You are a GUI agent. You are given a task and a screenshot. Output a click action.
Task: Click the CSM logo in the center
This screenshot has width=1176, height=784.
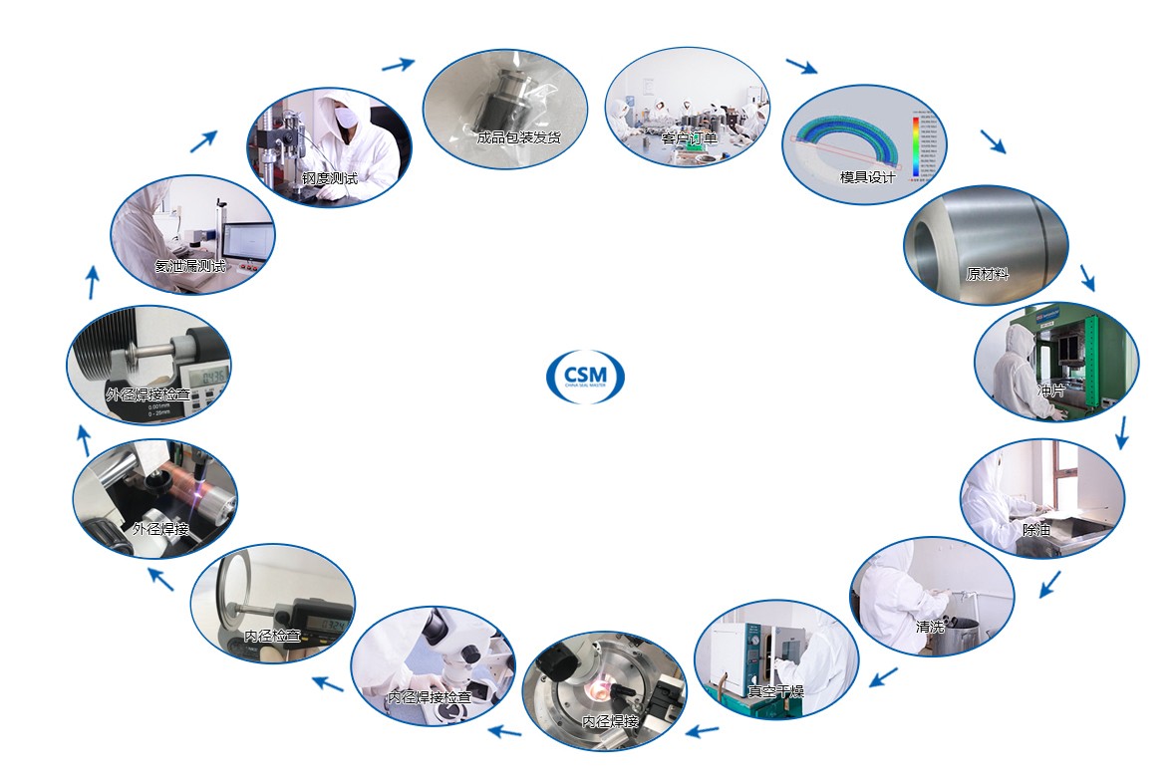pos(588,376)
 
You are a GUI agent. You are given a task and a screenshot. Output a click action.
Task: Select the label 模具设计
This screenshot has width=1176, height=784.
pos(867,177)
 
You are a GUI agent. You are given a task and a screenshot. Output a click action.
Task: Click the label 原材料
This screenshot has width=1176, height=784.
pos(987,274)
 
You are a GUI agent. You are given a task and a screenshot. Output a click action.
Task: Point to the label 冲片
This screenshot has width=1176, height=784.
pos(1051,391)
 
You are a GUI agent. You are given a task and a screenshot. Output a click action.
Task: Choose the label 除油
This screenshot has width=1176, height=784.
pos(1036,530)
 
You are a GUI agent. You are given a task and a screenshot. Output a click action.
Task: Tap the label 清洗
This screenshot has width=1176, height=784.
pos(930,628)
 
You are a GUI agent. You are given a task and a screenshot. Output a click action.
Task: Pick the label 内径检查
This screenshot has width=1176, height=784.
pos(272,636)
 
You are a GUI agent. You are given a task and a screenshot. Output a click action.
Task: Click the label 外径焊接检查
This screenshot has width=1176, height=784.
pos(147,395)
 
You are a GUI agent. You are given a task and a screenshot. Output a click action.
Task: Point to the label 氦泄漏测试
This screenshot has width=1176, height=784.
pos(190,266)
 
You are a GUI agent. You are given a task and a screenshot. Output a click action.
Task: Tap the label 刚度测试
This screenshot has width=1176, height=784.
pos(329,178)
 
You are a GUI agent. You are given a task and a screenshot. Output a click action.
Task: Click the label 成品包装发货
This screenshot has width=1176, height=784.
pos(518,137)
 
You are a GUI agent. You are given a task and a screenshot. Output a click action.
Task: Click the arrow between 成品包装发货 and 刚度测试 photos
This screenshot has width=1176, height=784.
pos(399,65)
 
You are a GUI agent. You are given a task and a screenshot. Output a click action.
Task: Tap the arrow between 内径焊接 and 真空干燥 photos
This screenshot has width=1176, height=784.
pos(704,731)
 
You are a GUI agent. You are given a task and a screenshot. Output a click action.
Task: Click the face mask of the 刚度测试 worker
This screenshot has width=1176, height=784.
pos(346,117)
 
